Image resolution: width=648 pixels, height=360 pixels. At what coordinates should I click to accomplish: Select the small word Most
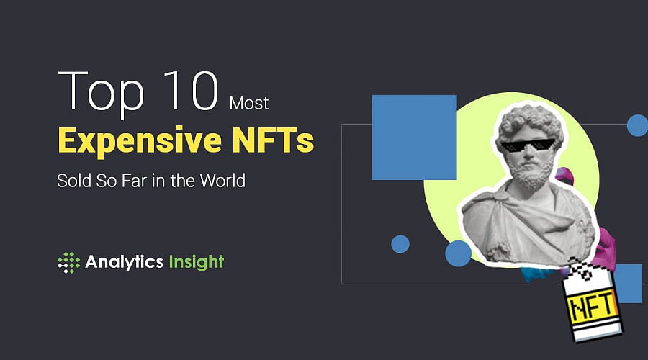coord(249,103)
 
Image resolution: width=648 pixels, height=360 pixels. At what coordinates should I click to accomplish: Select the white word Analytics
coord(123,261)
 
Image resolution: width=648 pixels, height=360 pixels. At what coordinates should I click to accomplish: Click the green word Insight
coord(196,261)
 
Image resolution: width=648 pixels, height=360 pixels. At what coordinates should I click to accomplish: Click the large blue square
coord(414,137)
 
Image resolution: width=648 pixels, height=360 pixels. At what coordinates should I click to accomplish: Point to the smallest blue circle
coord(400,244)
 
